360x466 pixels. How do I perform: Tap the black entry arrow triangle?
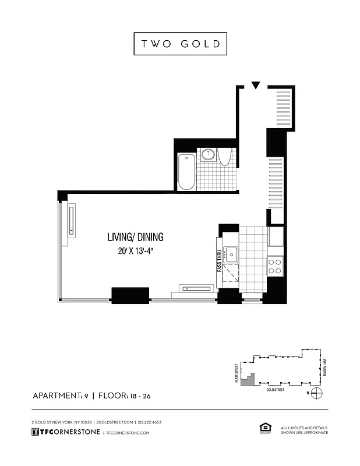coord(255,86)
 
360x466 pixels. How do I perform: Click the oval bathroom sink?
coord(209,154)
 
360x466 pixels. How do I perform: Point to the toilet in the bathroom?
coord(226,156)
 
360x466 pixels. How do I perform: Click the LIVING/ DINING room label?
coord(135,237)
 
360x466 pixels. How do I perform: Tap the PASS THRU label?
coord(220,260)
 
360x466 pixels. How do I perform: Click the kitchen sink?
coord(232,254)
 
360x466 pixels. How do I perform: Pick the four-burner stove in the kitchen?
coord(274,266)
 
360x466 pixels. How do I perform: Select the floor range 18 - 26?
coord(140,396)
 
